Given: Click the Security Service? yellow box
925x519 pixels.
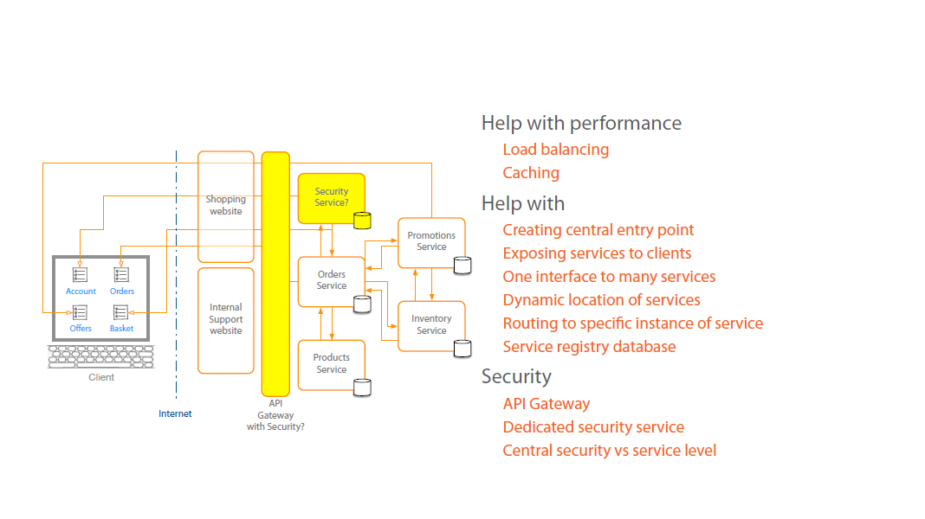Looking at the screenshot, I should (331, 198).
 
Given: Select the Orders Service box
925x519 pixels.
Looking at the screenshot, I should (331, 281).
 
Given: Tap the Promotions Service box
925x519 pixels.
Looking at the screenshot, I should (431, 241).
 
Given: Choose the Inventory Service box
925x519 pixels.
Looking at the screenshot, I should (431, 324).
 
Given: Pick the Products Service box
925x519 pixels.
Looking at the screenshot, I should (331, 364).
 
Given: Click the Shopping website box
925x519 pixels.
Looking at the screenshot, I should (225, 206).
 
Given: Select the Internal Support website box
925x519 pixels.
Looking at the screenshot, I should (225, 319).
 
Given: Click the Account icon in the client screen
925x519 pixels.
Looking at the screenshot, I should (81, 275).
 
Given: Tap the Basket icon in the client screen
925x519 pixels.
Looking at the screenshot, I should (121, 312).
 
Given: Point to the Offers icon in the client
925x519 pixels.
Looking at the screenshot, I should (81, 312).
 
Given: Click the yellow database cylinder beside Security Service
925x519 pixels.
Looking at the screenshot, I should (362, 220).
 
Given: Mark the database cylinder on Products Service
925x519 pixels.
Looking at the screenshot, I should (362, 387).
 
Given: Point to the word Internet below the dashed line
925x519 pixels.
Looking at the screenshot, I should (175, 413).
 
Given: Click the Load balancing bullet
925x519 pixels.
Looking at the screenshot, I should (555, 150).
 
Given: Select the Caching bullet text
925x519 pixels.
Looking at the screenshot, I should (531, 173).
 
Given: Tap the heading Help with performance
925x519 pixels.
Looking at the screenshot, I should (581, 123).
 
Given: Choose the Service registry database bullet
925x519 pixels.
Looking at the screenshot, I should (589, 347).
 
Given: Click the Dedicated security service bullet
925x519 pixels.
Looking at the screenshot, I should (593, 427).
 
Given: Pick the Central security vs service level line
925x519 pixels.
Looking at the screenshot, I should (609, 451).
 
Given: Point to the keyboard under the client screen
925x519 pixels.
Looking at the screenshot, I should (101, 357).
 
